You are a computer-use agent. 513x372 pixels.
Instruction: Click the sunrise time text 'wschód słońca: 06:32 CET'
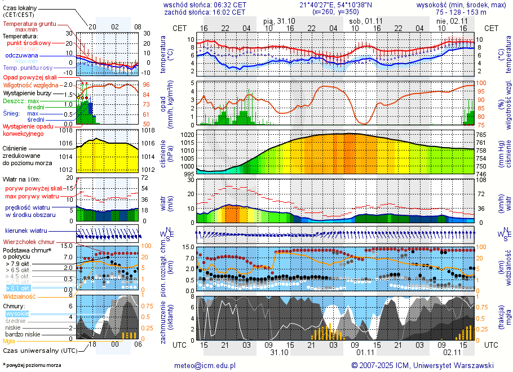point(205,5)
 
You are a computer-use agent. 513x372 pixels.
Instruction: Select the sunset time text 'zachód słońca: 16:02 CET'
point(205,12)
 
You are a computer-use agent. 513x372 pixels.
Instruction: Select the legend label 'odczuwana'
point(21,56)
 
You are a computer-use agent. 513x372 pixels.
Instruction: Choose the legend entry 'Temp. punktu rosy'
point(28,68)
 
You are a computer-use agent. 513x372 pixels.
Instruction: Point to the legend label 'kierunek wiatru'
point(26,231)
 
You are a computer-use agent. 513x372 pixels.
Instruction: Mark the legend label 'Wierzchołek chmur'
point(28,242)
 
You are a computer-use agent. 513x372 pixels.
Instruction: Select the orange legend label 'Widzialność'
point(20,295)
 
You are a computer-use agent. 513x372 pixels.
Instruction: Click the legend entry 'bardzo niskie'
point(23,334)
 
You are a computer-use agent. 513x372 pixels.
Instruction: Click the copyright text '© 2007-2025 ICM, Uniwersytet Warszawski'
point(422,365)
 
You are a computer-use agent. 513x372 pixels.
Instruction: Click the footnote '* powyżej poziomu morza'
point(32,365)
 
